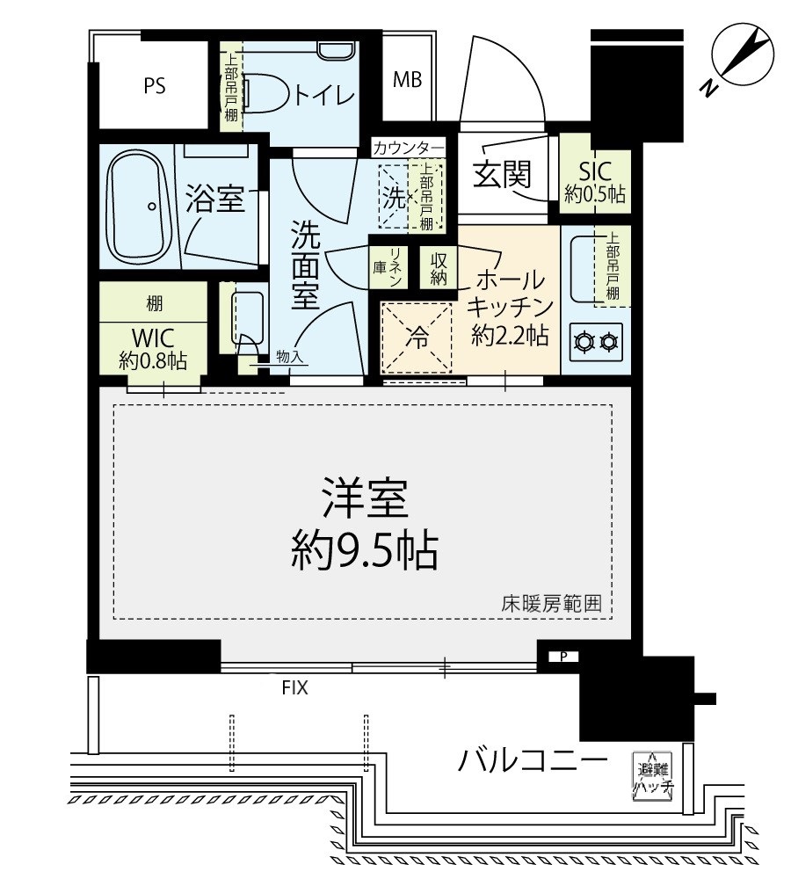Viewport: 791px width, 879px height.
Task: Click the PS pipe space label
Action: (x=155, y=86)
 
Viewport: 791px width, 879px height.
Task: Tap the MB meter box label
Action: (x=407, y=80)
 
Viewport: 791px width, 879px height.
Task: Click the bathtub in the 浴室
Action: (x=139, y=207)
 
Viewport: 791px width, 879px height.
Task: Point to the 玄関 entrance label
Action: (x=502, y=175)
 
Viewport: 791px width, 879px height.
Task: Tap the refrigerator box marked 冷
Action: (x=415, y=338)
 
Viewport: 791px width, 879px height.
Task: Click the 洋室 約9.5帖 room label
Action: (x=365, y=525)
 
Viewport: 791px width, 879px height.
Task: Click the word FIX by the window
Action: (x=295, y=688)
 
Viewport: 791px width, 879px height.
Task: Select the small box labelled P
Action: (x=562, y=656)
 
